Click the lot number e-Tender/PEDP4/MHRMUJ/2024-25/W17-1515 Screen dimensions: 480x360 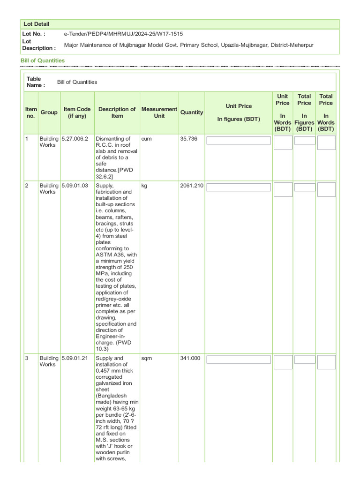123,34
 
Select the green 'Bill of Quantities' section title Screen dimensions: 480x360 43,61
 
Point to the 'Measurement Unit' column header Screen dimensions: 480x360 159,112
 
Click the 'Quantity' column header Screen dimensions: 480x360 192,112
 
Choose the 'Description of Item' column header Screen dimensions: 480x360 117,112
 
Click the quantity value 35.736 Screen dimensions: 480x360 188,139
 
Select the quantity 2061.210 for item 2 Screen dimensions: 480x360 192,186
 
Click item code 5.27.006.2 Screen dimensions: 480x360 75,139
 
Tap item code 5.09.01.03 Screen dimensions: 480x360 75,186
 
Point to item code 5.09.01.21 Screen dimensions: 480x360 75,359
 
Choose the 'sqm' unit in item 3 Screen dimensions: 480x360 147,359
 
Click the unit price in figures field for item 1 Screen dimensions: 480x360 239,140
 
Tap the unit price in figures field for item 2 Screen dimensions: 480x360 239,187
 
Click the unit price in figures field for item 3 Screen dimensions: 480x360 239,360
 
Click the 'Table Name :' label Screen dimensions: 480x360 36,82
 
